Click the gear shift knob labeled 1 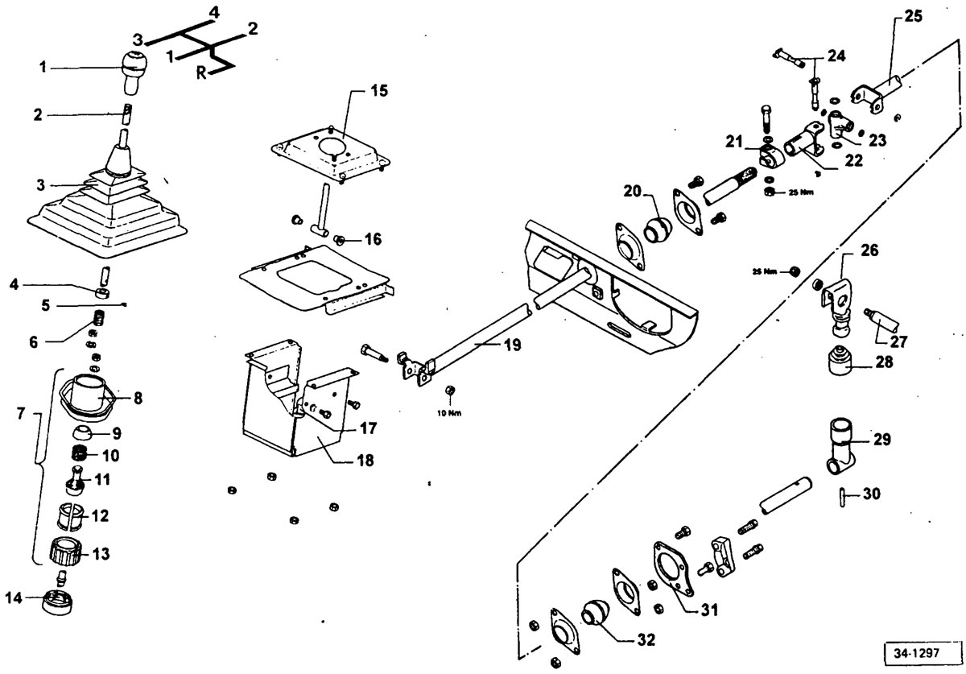(134, 72)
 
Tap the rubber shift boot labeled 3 (108, 206)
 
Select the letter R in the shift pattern (201, 73)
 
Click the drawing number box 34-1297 (916, 652)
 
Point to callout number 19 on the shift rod (512, 345)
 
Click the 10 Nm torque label (449, 413)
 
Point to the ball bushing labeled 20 (658, 230)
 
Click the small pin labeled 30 (842, 497)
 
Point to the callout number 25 (913, 16)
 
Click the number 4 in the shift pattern (214, 13)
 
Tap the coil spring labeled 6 (99, 319)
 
